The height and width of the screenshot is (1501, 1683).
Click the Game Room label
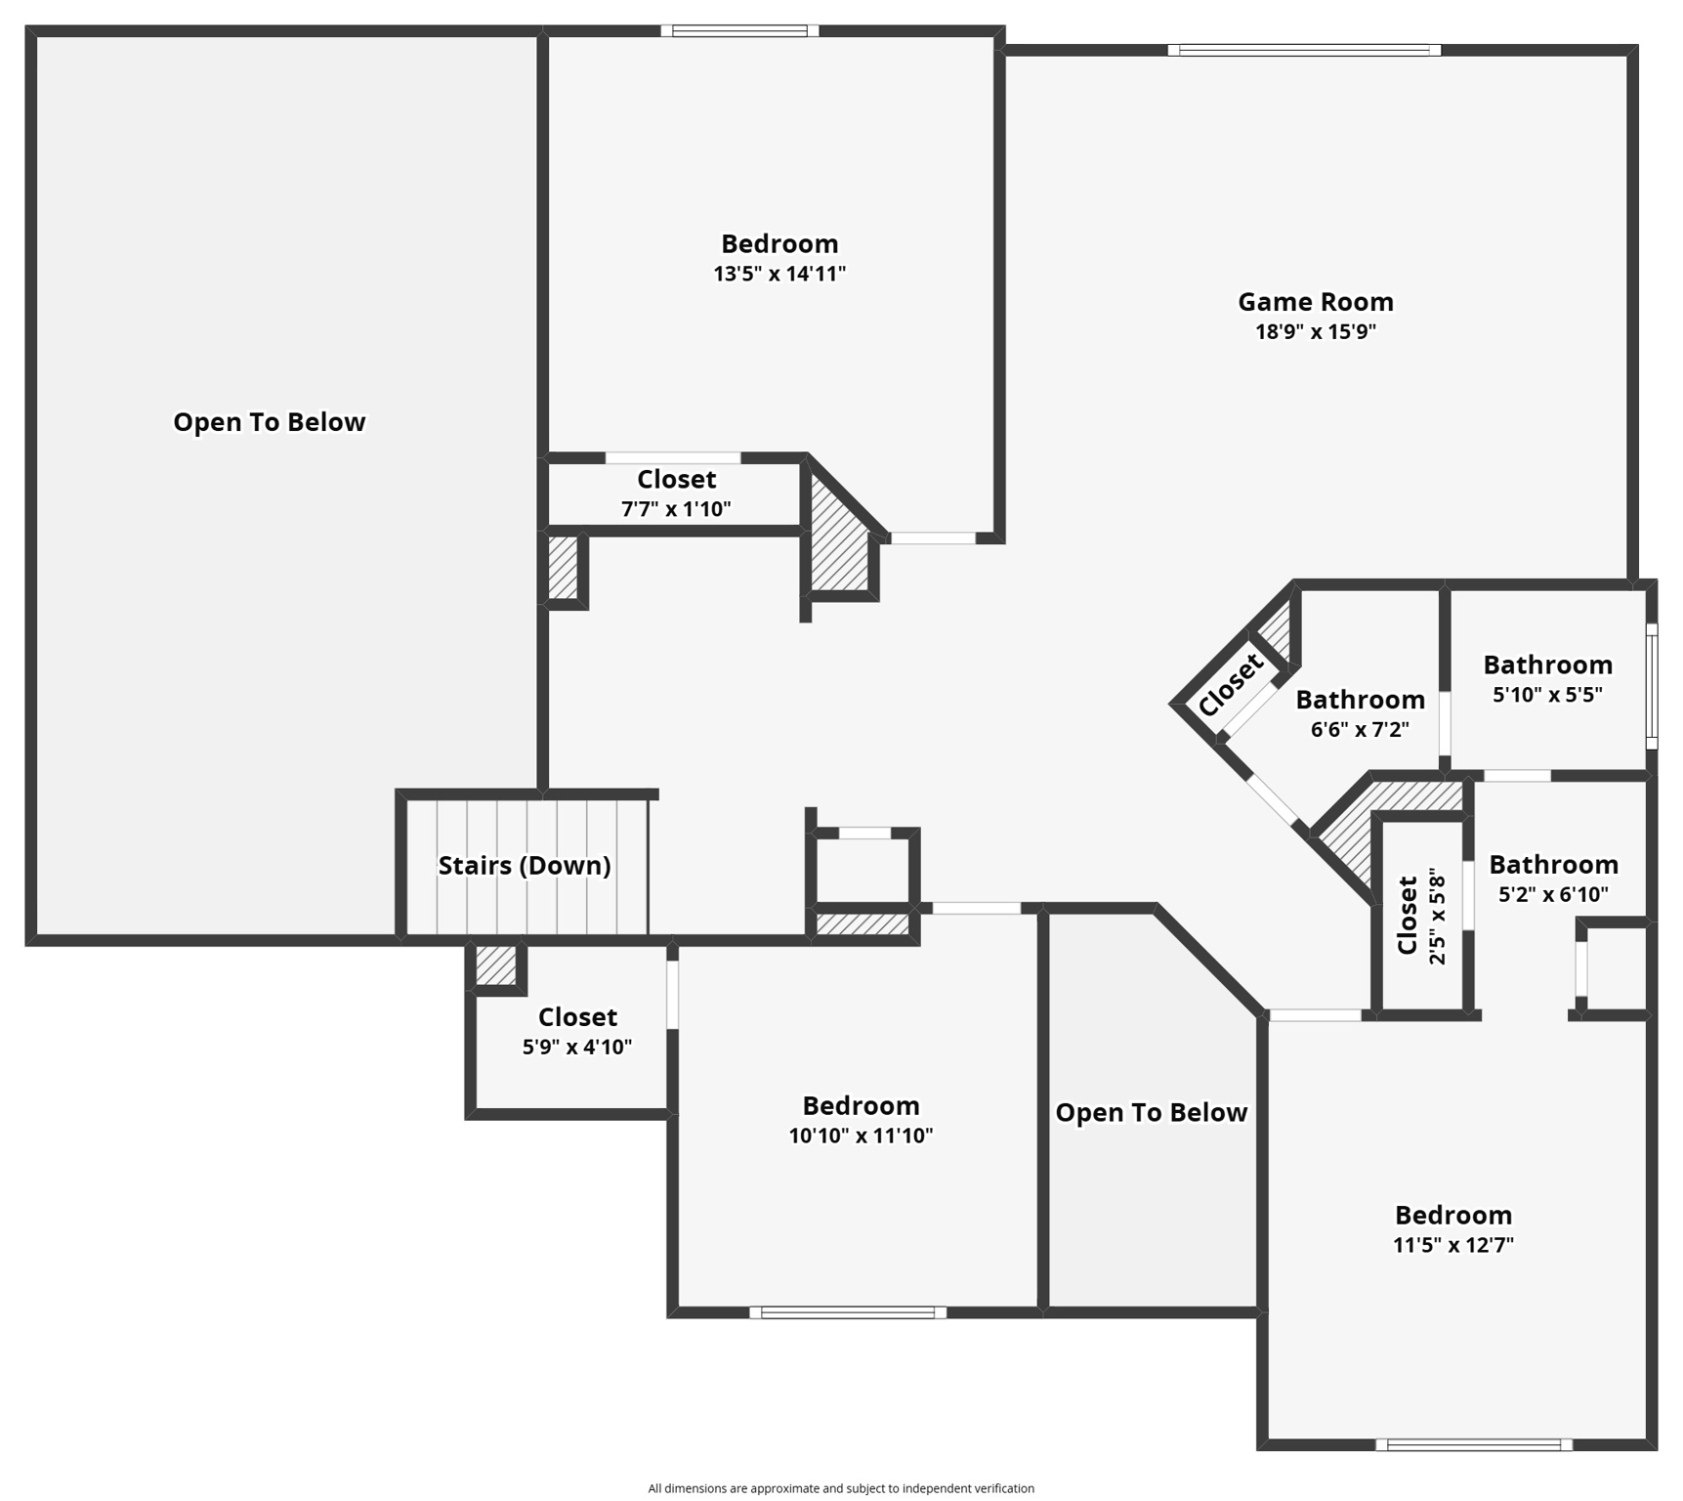click(1315, 302)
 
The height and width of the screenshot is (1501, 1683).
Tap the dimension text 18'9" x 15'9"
click(1315, 332)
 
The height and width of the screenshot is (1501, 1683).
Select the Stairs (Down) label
click(525, 866)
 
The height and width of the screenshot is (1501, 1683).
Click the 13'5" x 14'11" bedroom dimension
click(778, 274)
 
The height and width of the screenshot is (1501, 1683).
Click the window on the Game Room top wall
click(1303, 50)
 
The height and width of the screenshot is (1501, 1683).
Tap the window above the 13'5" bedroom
click(739, 30)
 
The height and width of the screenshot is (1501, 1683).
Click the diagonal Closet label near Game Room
click(1230, 684)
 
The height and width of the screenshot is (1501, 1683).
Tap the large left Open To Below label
click(270, 422)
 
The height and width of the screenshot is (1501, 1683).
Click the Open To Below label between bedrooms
click(1151, 1113)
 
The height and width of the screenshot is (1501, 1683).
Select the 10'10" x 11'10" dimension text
click(861, 1136)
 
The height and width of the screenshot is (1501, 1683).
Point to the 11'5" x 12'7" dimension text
click(1452, 1245)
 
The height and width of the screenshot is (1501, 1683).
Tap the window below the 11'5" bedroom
click(1473, 1444)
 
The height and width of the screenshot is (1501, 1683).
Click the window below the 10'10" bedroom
click(847, 1312)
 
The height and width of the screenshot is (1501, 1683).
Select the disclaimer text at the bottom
click(841, 1488)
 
